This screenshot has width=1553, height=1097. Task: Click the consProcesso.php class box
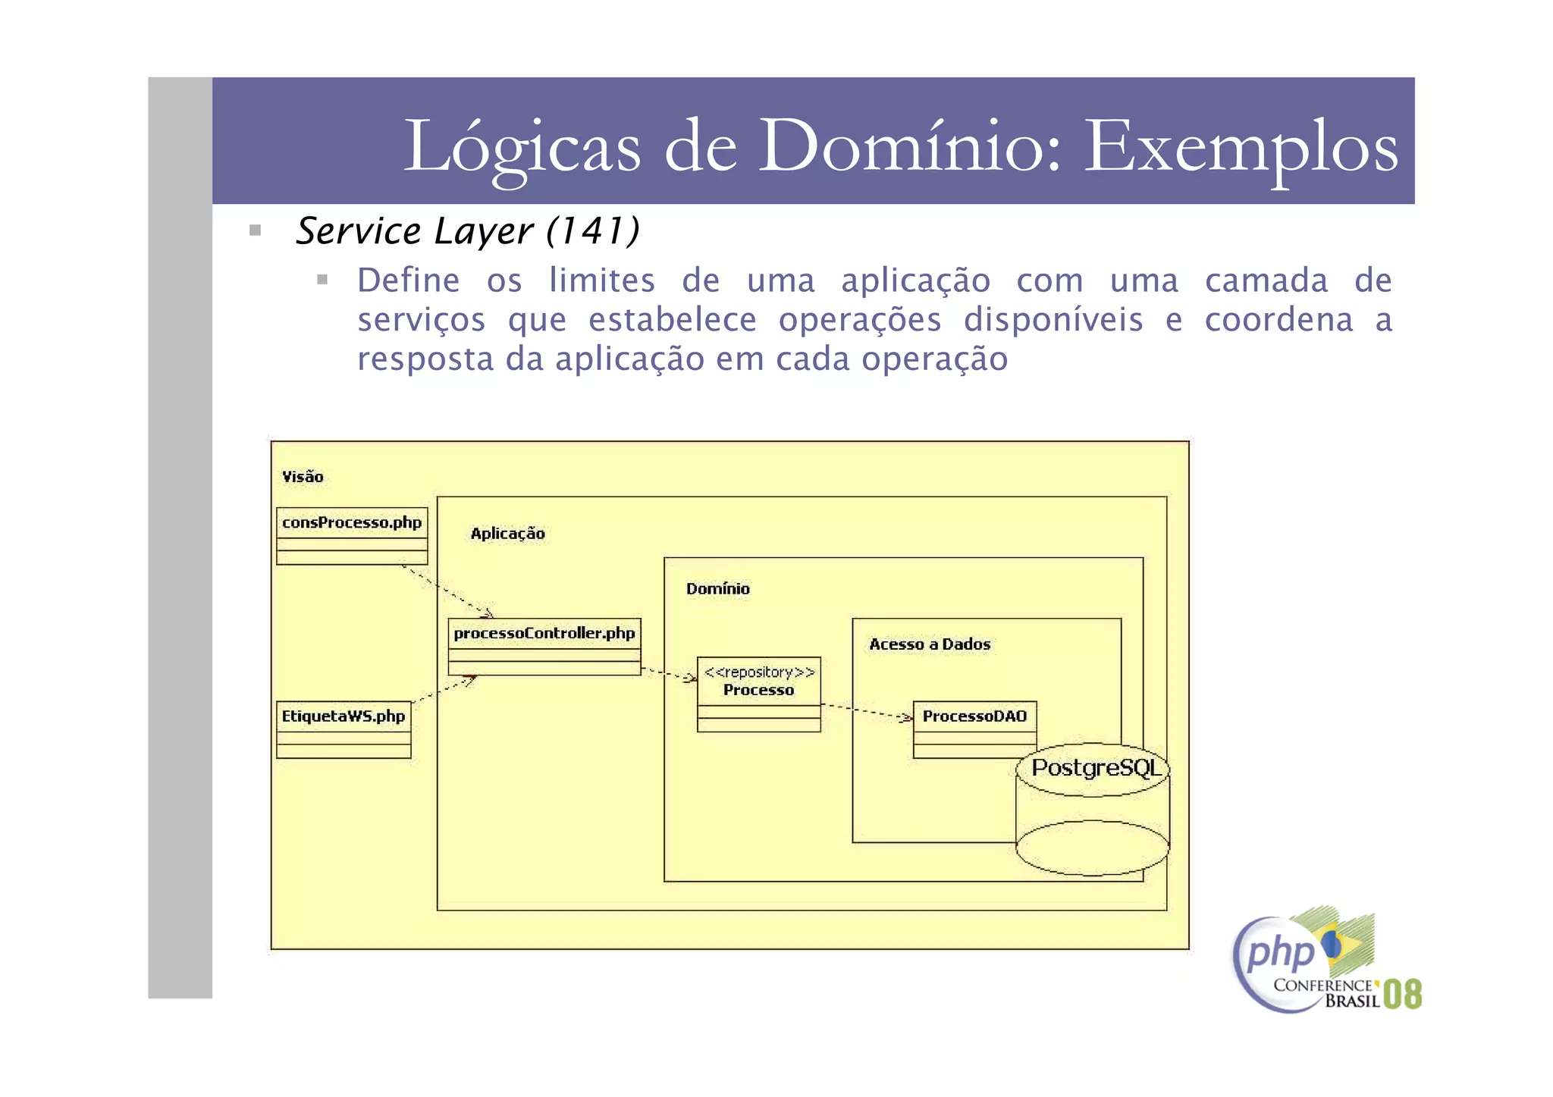pyautogui.click(x=352, y=536)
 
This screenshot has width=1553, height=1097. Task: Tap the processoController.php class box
pyautogui.click(x=544, y=647)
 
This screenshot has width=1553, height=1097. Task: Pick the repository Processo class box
pyautogui.click(x=758, y=694)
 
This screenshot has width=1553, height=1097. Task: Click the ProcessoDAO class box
pyautogui.click(x=974, y=728)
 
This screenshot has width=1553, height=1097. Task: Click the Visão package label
pyautogui.click(x=303, y=477)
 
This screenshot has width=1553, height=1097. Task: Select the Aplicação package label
pyautogui.click(x=507, y=534)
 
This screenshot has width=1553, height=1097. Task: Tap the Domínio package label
pyautogui.click(x=717, y=589)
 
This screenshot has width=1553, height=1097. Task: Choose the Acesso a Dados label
pyautogui.click(x=930, y=644)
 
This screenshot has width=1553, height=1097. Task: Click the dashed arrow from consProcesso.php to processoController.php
pyautogui.click(x=447, y=591)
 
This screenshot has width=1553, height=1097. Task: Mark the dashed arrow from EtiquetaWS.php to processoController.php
pyautogui.click(x=444, y=691)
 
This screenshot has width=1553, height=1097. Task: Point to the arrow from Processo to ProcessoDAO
pyautogui.click(x=867, y=711)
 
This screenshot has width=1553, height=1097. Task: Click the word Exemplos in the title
pyautogui.click(x=1241, y=146)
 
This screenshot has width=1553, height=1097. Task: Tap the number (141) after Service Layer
pyautogui.click(x=593, y=230)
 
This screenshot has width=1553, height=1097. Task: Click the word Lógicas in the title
pyautogui.click(x=522, y=146)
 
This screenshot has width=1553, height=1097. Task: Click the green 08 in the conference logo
pyautogui.click(x=1402, y=994)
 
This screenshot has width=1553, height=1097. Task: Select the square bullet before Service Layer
pyautogui.click(x=256, y=230)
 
